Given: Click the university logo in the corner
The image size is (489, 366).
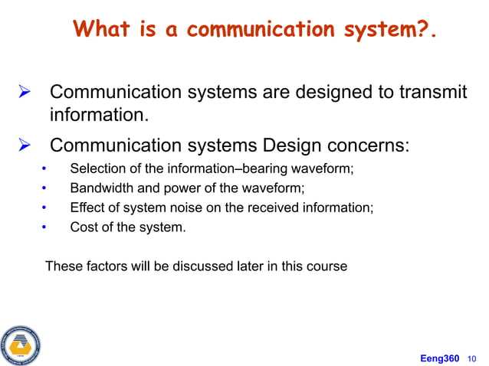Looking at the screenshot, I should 20,345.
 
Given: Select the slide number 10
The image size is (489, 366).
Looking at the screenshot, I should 471,358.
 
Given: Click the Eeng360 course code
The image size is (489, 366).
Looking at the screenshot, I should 440,358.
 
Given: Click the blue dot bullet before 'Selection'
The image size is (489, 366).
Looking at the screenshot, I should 44,169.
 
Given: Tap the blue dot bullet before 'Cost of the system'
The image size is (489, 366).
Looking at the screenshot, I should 44,227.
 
